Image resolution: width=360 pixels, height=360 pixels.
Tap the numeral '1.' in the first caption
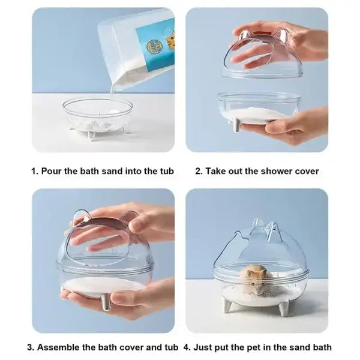click(x=35, y=171)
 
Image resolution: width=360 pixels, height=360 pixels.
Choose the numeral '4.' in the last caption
click(x=187, y=347)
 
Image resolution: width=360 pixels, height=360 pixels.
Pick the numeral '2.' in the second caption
click(x=199, y=171)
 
